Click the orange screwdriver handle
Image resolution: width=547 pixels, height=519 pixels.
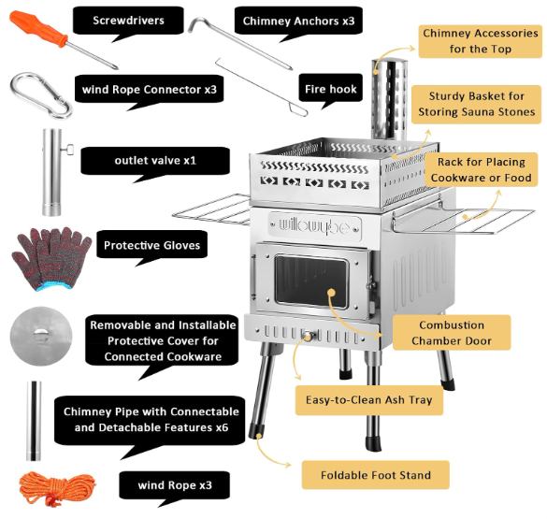(x=37, y=29)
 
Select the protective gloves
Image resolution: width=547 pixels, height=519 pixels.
(x=51, y=258)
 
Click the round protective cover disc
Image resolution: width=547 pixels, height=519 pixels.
(x=41, y=336)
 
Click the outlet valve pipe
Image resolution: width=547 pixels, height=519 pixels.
(x=52, y=172)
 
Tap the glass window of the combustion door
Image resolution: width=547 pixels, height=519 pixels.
(x=311, y=281)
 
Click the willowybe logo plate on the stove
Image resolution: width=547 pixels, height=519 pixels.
(x=315, y=226)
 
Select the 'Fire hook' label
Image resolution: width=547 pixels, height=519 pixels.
(x=331, y=89)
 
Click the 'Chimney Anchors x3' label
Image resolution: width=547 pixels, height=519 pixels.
(x=298, y=21)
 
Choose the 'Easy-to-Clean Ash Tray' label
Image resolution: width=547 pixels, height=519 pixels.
(x=369, y=399)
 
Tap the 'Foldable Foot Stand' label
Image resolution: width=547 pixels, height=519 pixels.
(x=376, y=475)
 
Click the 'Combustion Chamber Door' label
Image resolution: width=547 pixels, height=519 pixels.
(x=452, y=333)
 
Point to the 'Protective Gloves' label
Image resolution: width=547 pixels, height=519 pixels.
(x=152, y=245)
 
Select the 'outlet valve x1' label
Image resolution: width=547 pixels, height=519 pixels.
(x=155, y=161)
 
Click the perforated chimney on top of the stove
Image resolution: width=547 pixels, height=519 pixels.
(x=389, y=99)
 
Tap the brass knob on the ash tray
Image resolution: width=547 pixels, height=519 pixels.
(x=308, y=337)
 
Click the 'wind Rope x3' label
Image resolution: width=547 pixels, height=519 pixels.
(x=175, y=485)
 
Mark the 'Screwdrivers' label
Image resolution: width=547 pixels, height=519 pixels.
(x=128, y=21)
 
